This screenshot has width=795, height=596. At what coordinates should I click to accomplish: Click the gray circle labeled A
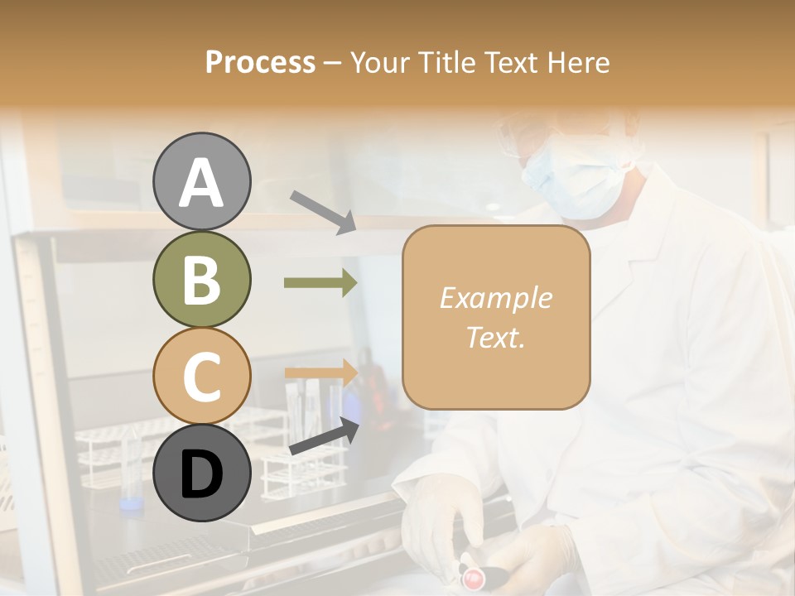click(x=202, y=182)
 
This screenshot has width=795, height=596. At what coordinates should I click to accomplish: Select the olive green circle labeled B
click(x=202, y=280)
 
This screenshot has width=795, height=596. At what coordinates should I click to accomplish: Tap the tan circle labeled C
click(x=202, y=376)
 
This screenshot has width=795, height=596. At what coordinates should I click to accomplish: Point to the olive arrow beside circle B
click(x=320, y=283)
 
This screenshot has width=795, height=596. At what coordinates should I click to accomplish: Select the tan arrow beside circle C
click(x=320, y=372)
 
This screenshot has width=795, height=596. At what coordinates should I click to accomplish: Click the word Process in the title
click(x=260, y=62)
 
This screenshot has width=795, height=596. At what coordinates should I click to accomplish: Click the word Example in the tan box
click(x=495, y=298)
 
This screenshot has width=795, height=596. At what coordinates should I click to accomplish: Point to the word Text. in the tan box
click(x=495, y=337)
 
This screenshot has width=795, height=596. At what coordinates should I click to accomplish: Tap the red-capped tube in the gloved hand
click(x=474, y=575)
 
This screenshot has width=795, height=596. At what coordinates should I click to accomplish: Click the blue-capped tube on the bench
click(x=128, y=502)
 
